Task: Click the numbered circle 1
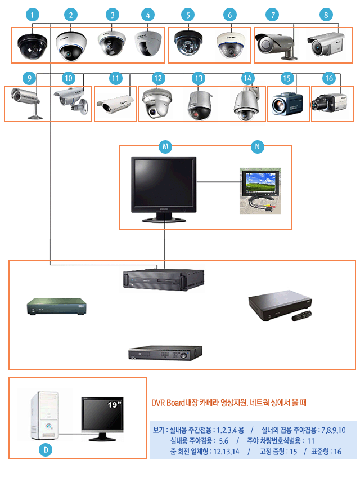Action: (x=34, y=15)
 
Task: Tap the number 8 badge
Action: (x=325, y=15)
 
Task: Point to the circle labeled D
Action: (x=47, y=450)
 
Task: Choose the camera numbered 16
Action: (x=331, y=102)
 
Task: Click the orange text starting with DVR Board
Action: (x=229, y=403)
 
